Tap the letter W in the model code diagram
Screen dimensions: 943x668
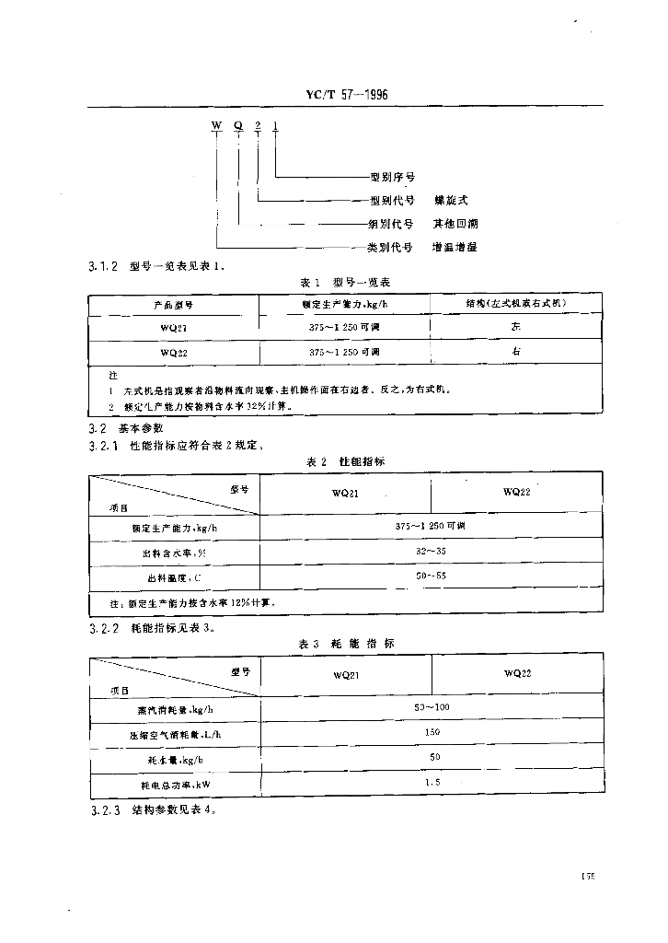[x=217, y=124]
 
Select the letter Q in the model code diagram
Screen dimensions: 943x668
[x=238, y=124]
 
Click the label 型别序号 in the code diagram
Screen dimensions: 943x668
[x=391, y=177]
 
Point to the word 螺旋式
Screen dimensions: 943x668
[x=451, y=200]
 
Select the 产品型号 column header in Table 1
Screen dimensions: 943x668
[x=174, y=303]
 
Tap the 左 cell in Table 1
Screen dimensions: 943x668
[x=515, y=327]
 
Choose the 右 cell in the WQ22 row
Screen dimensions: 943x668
[x=515, y=352]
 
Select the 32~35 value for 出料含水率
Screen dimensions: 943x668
[x=432, y=550]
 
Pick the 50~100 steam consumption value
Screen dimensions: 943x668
[x=432, y=707]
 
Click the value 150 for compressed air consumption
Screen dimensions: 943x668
[x=432, y=732]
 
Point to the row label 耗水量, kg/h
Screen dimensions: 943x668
[x=175, y=760]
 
